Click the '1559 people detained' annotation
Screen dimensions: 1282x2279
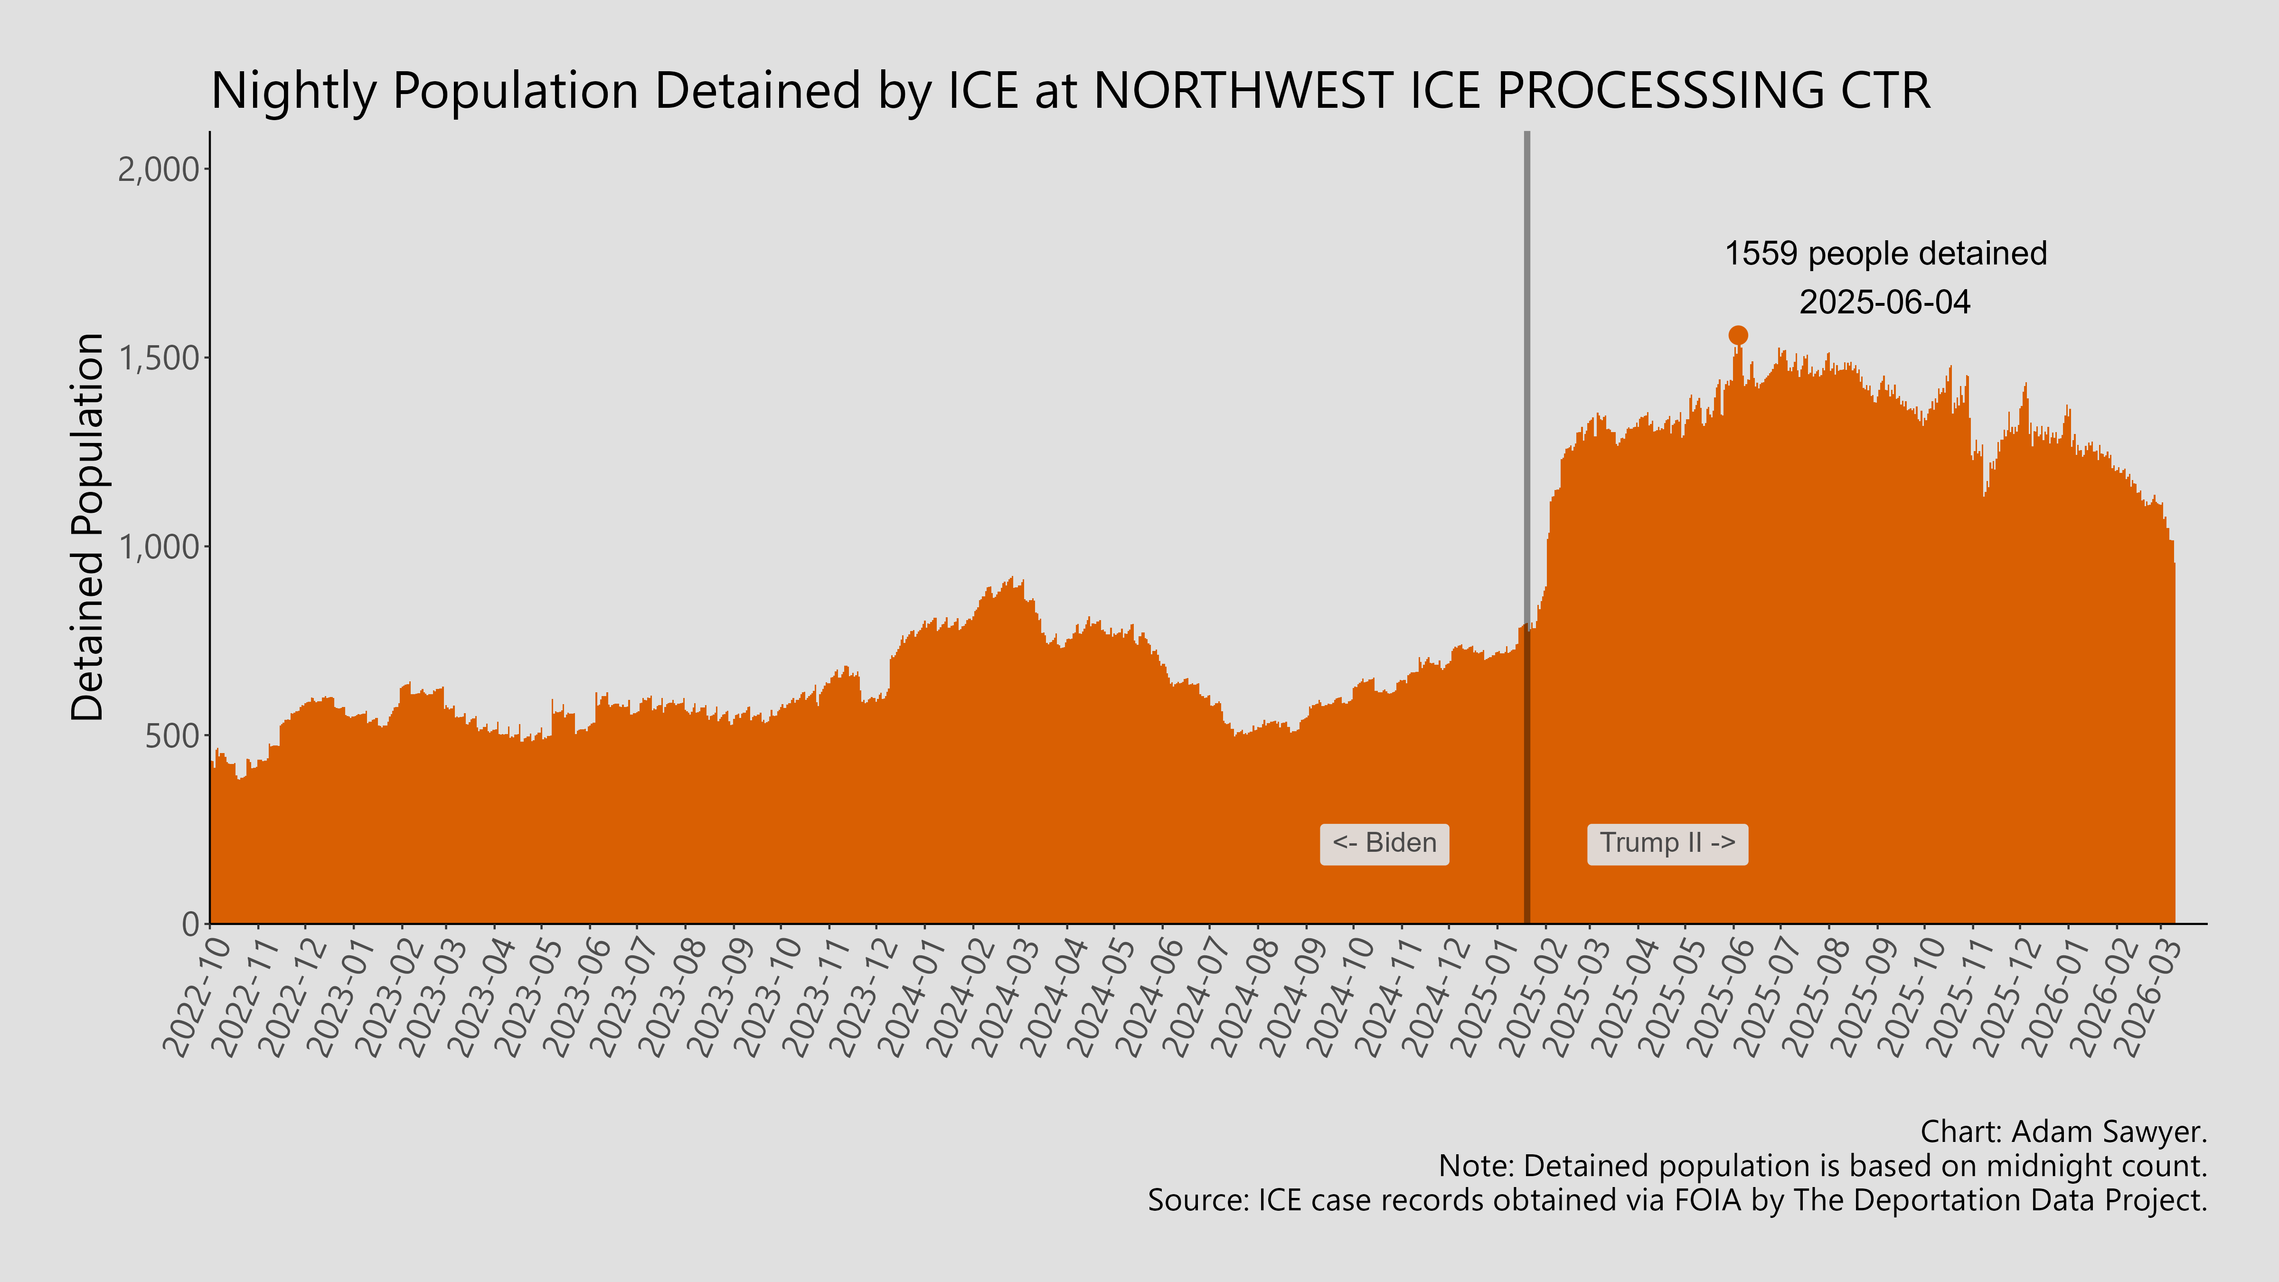coord(1885,254)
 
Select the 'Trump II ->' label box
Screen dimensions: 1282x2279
coord(1667,843)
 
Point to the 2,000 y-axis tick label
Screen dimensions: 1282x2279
coord(159,169)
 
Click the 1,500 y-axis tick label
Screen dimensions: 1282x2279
coord(159,358)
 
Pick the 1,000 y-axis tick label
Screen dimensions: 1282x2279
coord(159,547)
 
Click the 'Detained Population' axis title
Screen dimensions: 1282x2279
coord(88,528)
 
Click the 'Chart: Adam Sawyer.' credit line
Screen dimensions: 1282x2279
coord(2063,1131)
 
